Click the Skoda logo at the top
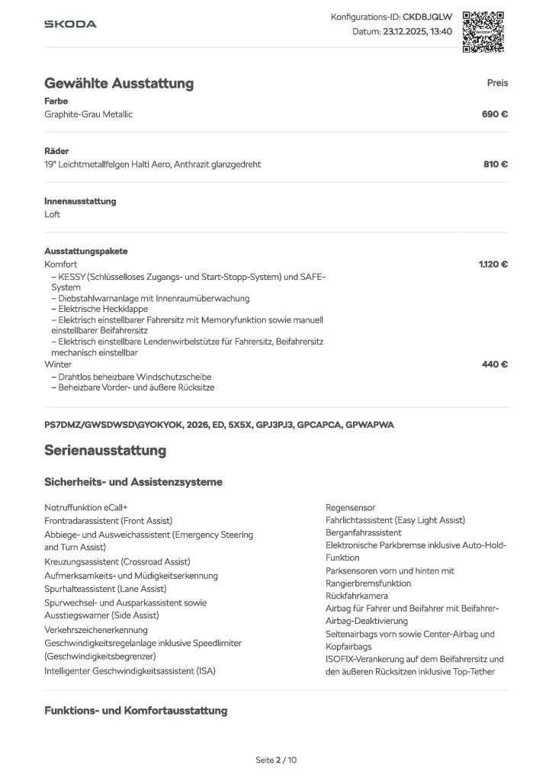click(70, 24)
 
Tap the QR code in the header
click(483, 31)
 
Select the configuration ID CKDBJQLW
click(427, 17)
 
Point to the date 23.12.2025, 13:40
click(419, 32)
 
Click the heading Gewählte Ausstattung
click(119, 83)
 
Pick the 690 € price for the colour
click(495, 114)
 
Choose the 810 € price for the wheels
click(495, 164)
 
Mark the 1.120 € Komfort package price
click(493, 264)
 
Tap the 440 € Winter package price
click(495, 364)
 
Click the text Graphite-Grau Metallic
click(88, 114)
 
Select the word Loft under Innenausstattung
click(53, 214)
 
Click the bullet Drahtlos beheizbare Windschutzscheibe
click(131, 377)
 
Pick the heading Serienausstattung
click(105, 450)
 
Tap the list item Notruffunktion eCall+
click(86, 507)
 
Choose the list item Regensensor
click(351, 507)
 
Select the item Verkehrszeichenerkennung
click(96, 630)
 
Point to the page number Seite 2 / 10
click(276, 760)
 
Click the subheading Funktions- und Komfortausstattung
click(136, 711)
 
